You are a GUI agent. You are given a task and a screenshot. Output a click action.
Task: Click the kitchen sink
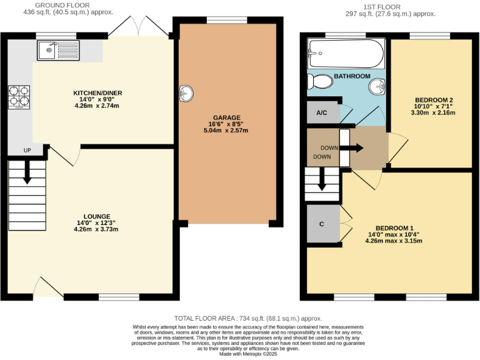click(56, 48)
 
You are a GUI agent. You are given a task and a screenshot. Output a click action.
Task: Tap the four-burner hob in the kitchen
click(18, 97)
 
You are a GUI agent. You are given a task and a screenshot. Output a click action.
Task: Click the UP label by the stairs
click(26, 151)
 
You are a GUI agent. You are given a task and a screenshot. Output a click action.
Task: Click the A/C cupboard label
click(322, 113)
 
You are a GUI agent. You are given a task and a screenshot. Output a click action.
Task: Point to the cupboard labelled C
click(322, 223)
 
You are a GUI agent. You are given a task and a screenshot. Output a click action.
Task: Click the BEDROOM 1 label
click(394, 227)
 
